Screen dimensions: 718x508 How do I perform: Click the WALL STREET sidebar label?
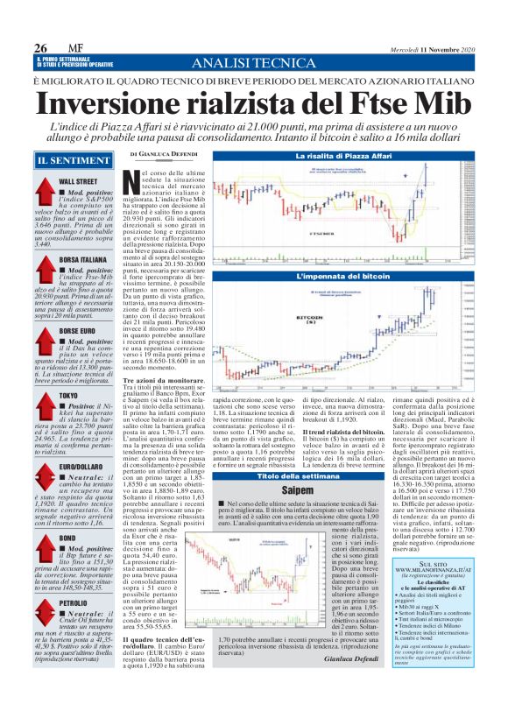(76, 180)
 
